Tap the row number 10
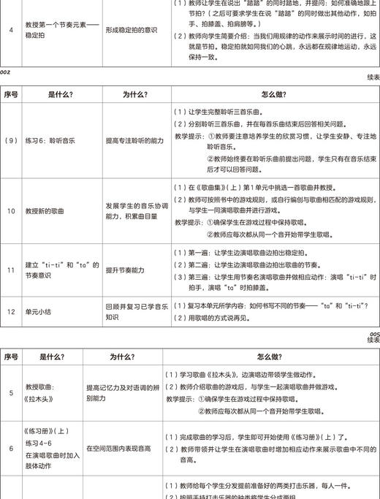[11, 211]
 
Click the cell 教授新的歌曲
[51, 211]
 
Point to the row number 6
[11, 449]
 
